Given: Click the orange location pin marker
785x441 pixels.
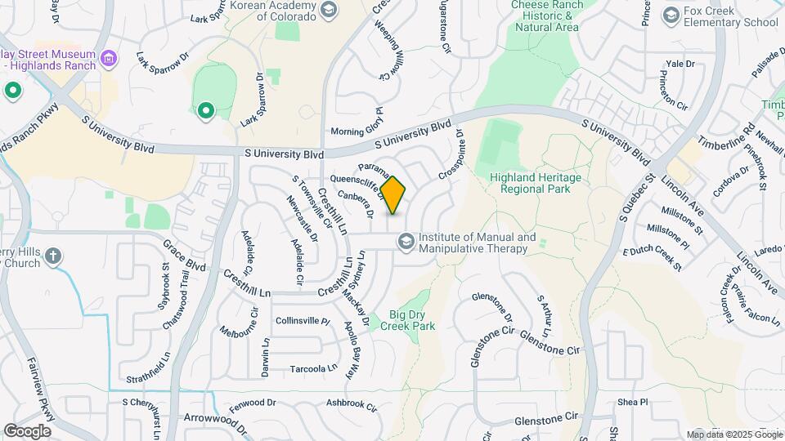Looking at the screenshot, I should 393,194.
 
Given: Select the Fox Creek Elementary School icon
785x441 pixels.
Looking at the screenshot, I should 671,16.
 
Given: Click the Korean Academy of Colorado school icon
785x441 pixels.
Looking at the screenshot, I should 329,10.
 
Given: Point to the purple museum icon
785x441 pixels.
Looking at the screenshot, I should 110,59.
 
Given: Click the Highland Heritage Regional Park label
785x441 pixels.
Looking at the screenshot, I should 535,183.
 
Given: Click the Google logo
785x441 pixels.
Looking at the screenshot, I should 27,430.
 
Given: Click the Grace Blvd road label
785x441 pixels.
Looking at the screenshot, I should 184,255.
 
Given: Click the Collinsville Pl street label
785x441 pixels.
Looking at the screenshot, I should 302,321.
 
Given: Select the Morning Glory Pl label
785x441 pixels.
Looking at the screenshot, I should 357,131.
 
